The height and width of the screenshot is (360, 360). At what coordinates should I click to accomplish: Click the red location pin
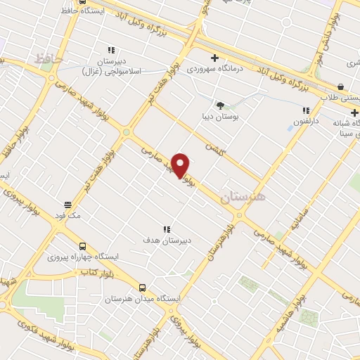tap(181, 165)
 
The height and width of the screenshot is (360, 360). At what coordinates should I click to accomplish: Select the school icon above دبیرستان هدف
tap(167, 229)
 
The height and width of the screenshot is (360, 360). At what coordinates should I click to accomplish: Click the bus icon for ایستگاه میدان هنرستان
tap(143, 288)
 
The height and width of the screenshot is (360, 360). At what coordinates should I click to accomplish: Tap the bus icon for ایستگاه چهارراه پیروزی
tap(83, 247)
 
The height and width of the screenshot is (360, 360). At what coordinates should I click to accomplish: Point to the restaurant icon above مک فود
tap(68, 205)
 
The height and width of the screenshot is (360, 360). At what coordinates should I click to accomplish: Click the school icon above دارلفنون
tap(305, 110)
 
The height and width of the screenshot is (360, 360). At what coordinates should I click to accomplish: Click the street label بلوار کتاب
tap(96, 270)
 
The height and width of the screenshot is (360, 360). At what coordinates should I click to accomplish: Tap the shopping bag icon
tap(340, 87)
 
